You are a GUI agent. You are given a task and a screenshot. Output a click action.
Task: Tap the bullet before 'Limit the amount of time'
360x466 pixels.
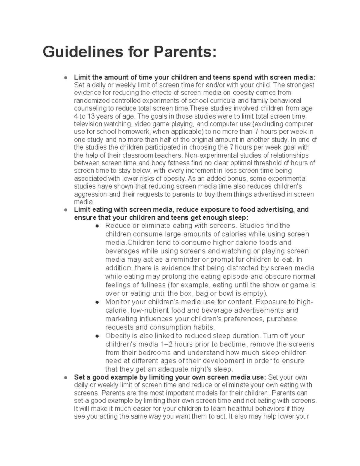tap(65, 78)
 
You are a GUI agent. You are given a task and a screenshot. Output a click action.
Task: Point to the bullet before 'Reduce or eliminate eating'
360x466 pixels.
tap(97, 226)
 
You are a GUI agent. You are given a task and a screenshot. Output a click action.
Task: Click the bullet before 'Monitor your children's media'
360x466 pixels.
tap(97, 302)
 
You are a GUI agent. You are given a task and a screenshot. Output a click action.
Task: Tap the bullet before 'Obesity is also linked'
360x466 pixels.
tap(97, 336)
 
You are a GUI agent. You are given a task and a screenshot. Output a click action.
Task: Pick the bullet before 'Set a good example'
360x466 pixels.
tap(65, 378)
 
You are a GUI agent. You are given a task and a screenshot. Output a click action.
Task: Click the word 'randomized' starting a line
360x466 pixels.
tap(89, 101)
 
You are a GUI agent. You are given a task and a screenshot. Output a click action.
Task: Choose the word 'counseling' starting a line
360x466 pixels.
tap(88, 108)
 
